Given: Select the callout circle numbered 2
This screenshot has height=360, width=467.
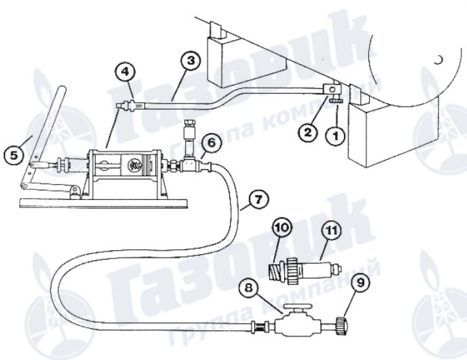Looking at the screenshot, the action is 308,133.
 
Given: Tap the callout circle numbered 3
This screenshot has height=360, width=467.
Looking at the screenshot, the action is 191,61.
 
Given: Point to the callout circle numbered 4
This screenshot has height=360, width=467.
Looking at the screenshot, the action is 125,72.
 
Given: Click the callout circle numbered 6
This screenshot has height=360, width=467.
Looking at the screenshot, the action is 211,143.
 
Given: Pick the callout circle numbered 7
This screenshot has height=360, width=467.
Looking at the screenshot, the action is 258,199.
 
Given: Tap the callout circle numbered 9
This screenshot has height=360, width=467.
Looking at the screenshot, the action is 361,283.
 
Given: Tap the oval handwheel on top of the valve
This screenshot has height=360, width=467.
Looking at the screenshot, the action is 297,306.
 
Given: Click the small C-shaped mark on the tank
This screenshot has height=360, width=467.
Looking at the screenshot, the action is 438,60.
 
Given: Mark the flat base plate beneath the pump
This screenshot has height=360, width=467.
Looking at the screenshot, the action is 104,203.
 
